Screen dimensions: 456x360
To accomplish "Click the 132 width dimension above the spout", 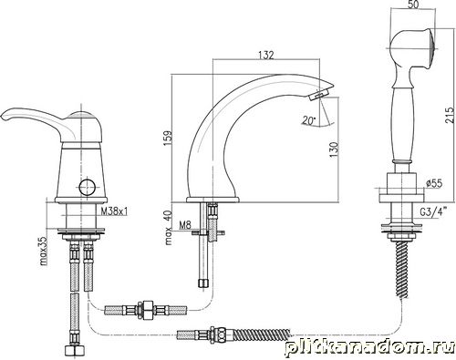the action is pyautogui.click(x=266, y=55).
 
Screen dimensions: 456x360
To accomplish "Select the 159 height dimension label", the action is pyautogui.click(x=168, y=139).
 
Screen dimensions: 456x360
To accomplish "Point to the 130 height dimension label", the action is pyautogui.click(x=334, y=149).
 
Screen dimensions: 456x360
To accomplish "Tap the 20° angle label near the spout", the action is pyautogui.click(x=308, y=120).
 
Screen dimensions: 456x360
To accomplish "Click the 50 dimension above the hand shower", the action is pyautogui.click(x=412, y=5).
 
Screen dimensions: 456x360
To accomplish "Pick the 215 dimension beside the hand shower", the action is pyautogui.click(x=451, y=115).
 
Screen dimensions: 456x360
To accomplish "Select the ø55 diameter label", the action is pyautogui.click(x=434, y=183).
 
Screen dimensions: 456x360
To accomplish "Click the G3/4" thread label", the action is pyautogui.click(x=432, y=212).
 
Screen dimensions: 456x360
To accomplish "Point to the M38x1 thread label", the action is pyautogui.click(x=114, y=211).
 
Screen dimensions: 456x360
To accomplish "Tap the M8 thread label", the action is pyautogui.click(x=185, y=225).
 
